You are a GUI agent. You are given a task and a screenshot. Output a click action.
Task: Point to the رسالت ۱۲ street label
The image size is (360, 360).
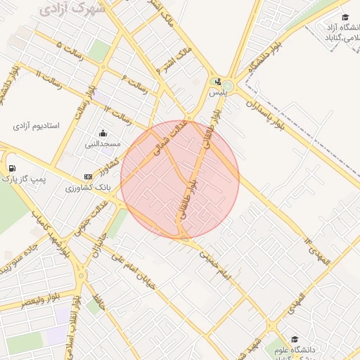click(x=118, y=112)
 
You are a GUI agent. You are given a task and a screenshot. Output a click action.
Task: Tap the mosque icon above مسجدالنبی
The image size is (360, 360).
click(x=103, y=133)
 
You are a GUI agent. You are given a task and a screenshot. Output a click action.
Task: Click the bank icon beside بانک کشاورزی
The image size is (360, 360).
click(x=88, y=176)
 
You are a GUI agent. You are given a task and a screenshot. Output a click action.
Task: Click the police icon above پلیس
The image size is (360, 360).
click(x=217, y=81)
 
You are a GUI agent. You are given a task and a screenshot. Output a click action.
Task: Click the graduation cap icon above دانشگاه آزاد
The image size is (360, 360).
click(x=345, y=18)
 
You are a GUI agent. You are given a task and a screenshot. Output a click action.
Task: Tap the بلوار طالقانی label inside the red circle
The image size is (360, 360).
click(x=188, y=199)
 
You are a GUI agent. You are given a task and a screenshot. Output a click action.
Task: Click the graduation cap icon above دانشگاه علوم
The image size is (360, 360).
click(x=294, y=339)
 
